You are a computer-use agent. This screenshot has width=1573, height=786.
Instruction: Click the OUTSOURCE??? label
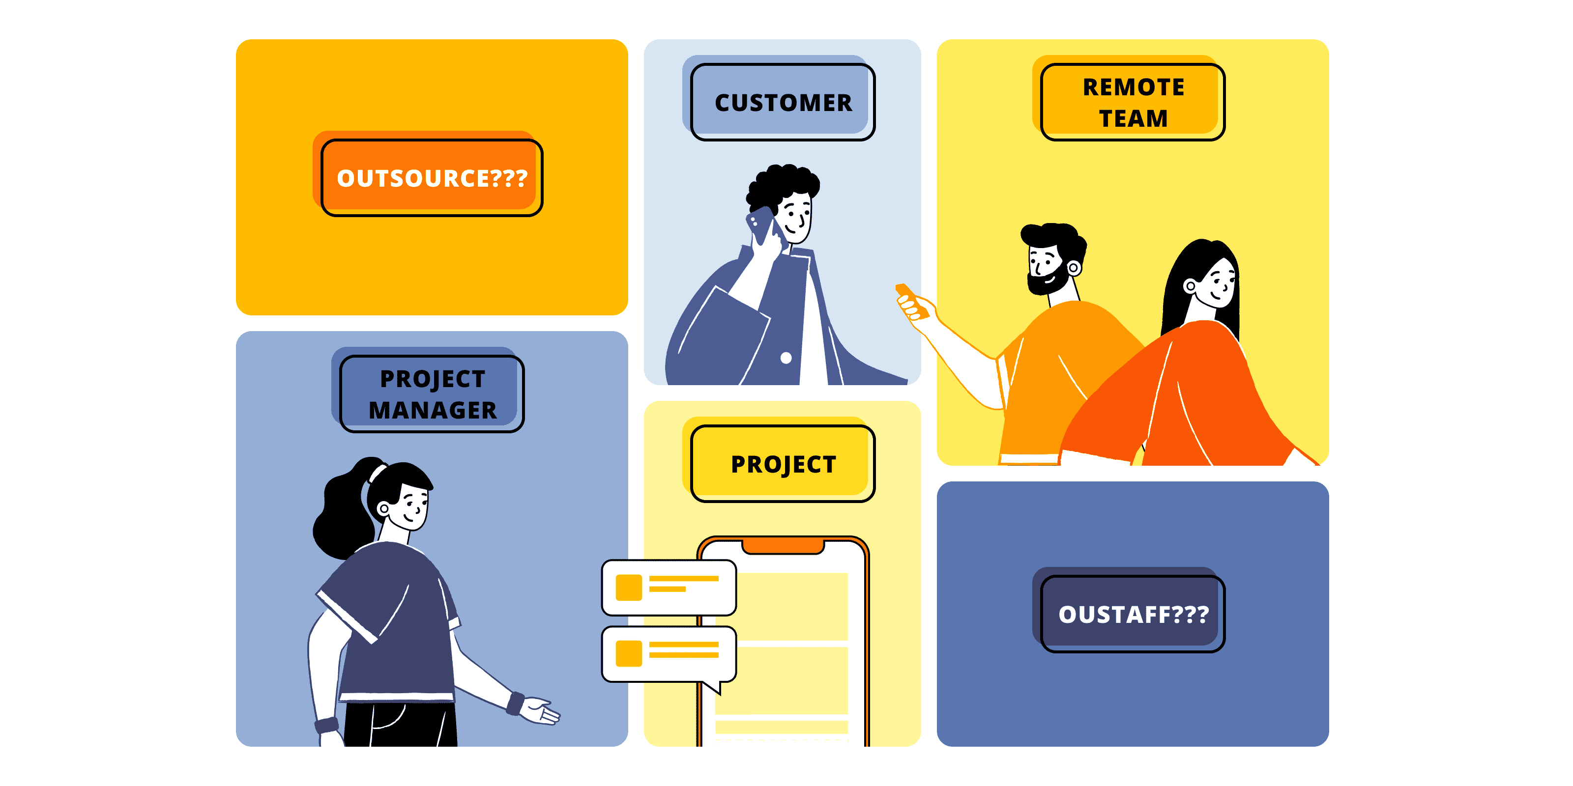(432, 177)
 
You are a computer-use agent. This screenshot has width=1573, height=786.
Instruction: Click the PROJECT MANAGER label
(432, 394)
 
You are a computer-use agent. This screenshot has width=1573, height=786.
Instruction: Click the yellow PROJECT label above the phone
(783, 464)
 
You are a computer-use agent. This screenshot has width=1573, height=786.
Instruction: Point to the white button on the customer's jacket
(786, 358)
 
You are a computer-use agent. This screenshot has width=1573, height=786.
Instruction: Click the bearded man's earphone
(1074, 267)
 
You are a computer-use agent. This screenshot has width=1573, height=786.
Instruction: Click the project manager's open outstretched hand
(540, 711)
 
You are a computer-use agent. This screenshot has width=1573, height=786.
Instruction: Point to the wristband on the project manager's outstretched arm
(515, 703)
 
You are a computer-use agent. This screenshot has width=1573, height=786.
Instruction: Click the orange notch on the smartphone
(783, 545)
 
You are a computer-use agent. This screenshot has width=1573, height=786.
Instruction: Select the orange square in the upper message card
(628, 588)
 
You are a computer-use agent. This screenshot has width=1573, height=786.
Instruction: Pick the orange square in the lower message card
(628, 653)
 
